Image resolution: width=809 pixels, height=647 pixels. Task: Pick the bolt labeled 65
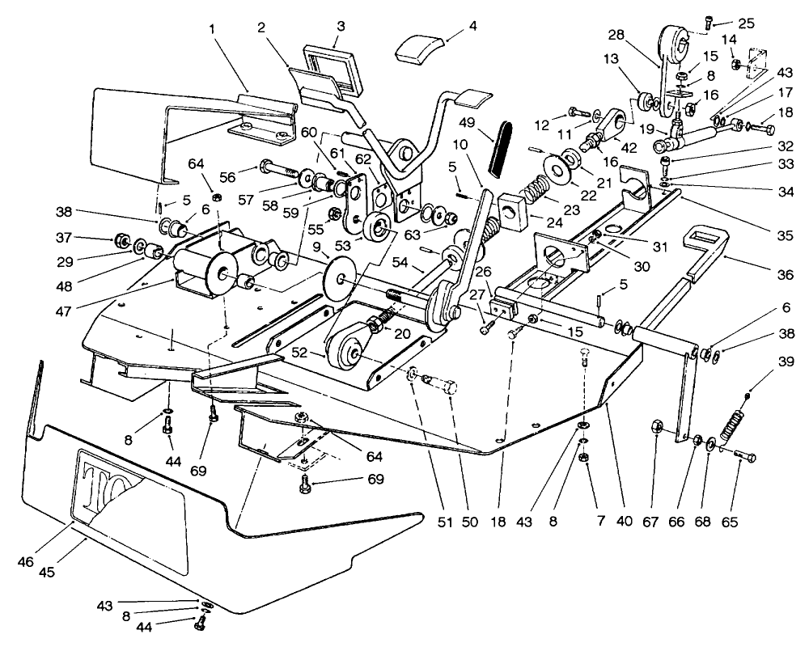745,457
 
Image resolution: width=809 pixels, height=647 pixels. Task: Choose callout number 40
622,522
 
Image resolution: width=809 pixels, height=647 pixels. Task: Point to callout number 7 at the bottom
599,522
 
